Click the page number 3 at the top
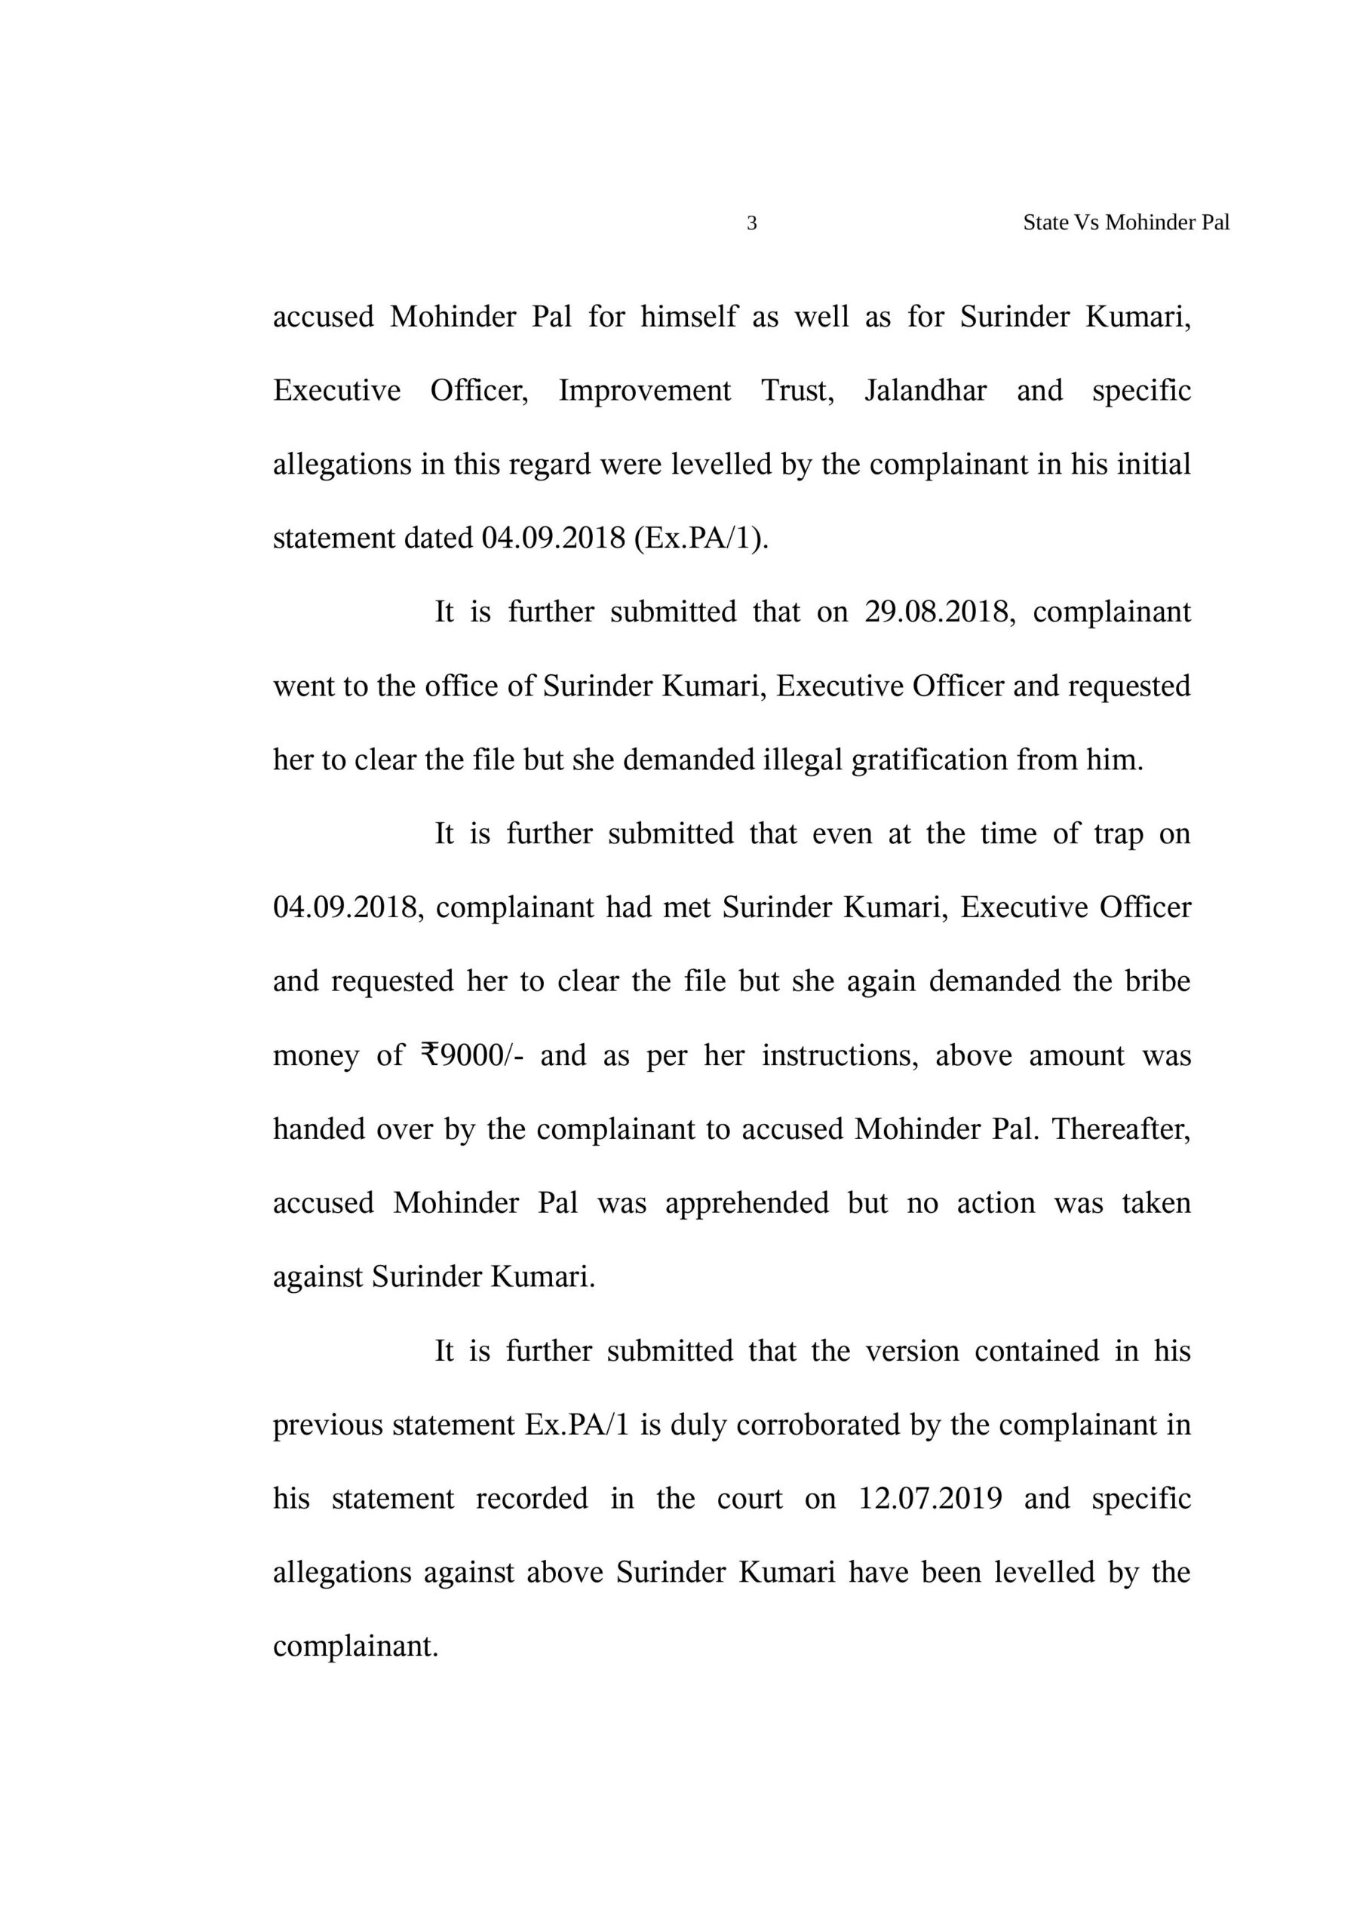pos(752,223)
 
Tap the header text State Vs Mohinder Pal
pos(1125,223)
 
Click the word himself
pos(689,317)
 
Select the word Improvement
pos(644,391)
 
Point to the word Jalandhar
pos(926,391)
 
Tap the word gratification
pos(929,760)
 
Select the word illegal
pos(803,760)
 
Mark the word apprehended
pos(747,1204)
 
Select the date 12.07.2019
pos(929,1499)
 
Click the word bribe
pos(1157,982)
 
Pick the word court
pos(750,1499)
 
